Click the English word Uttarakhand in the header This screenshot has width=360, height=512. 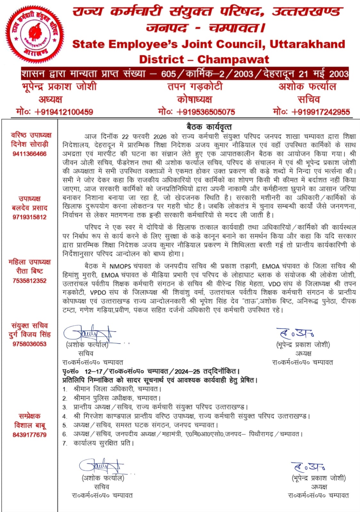(307, 44)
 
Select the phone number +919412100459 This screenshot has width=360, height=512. (54, 112)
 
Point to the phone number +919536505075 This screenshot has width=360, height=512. (196, 112)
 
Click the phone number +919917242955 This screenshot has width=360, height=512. (311, 112)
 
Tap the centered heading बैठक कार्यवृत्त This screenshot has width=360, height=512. (209, 127)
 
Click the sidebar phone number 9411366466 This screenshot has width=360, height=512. (29, 154)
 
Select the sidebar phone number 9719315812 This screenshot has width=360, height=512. (29, 217)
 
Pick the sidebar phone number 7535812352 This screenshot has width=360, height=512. (29, 281)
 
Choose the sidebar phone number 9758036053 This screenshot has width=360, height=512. (29, 344)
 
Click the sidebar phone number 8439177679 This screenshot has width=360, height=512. (29, 435)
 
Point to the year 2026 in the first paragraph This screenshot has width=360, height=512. (160, 137)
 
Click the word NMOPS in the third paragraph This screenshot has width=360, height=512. (120, 266)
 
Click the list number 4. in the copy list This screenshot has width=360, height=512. (65, 416)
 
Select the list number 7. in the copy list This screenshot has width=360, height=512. (65, 443)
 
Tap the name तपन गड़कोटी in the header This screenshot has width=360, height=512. (195, 86)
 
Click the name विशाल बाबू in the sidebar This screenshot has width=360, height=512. (29, 425)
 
